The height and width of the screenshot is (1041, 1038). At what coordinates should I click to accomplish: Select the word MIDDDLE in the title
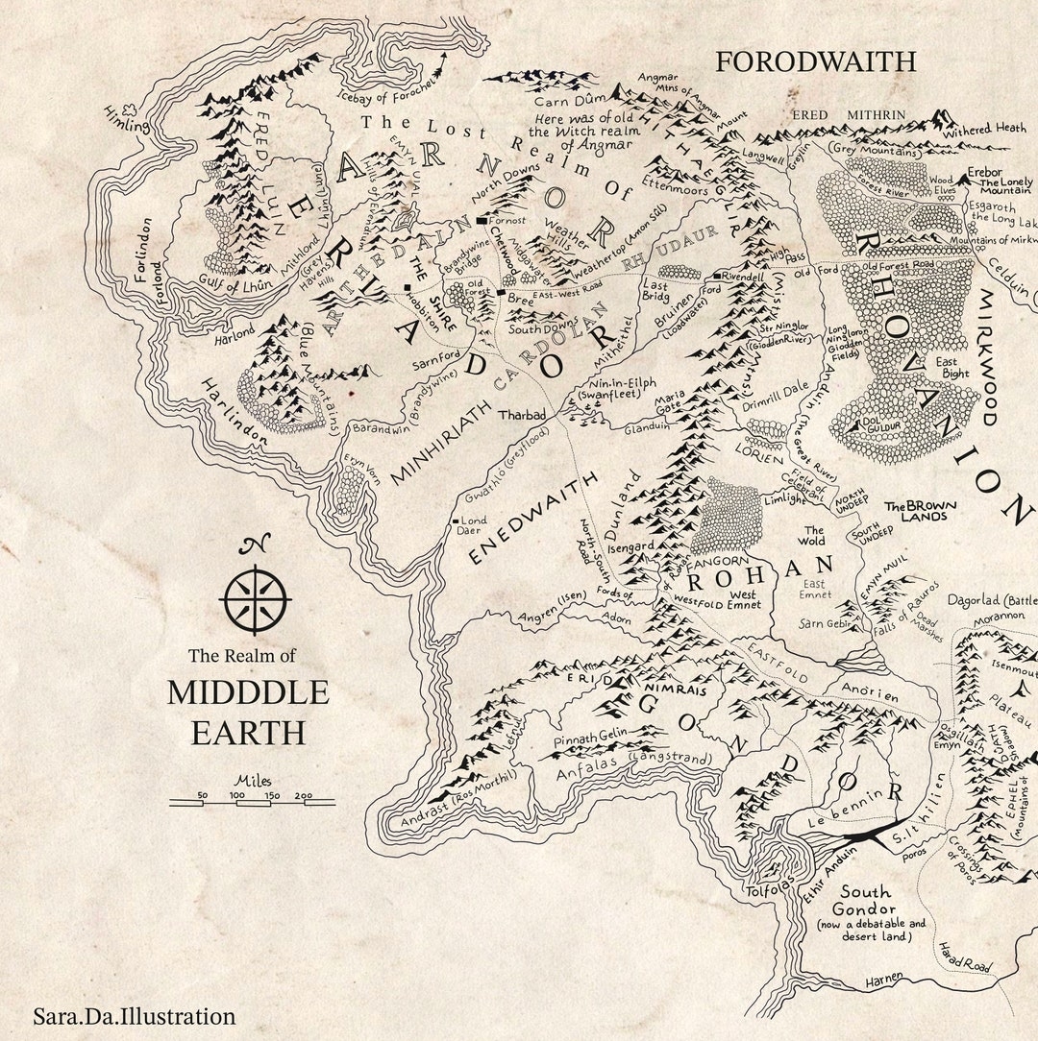[248, 692]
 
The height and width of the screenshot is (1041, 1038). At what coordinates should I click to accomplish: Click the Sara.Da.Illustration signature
[134, 1016]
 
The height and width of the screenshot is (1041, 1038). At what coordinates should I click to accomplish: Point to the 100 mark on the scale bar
[236, 795]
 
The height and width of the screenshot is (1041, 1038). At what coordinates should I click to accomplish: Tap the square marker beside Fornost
[482, 220]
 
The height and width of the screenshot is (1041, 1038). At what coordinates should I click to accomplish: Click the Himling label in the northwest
[125, 120]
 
